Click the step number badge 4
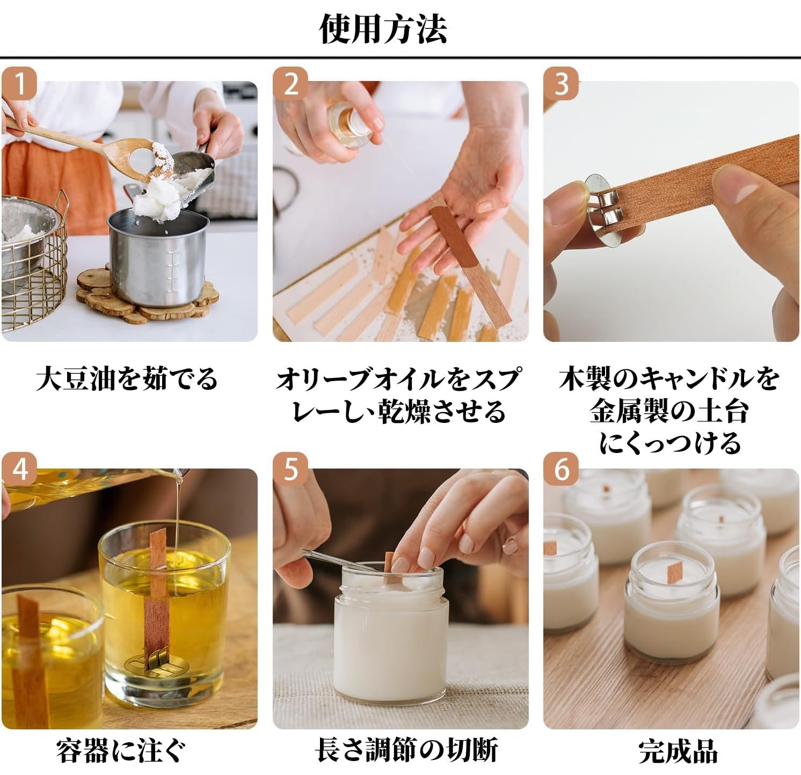(x=20, y=471)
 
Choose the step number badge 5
(x=291, y=471)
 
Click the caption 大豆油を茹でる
(x=127, y=378)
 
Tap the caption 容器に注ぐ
(x=122, y=750)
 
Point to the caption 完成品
(x=678, y=751)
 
